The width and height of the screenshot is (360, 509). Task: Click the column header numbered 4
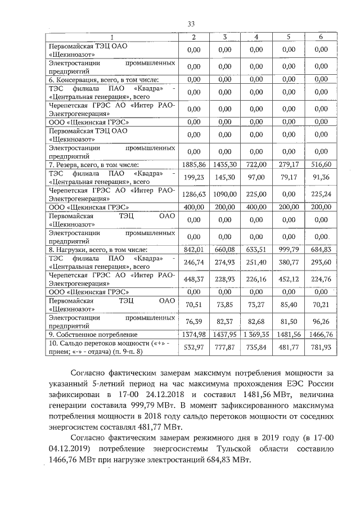(x=256, y=37)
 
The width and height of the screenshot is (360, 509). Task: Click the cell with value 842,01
(x=193, y=249)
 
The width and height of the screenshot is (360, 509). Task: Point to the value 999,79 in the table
(x=289, y=249)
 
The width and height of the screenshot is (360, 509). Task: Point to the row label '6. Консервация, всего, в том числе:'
(x=102, y=79)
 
